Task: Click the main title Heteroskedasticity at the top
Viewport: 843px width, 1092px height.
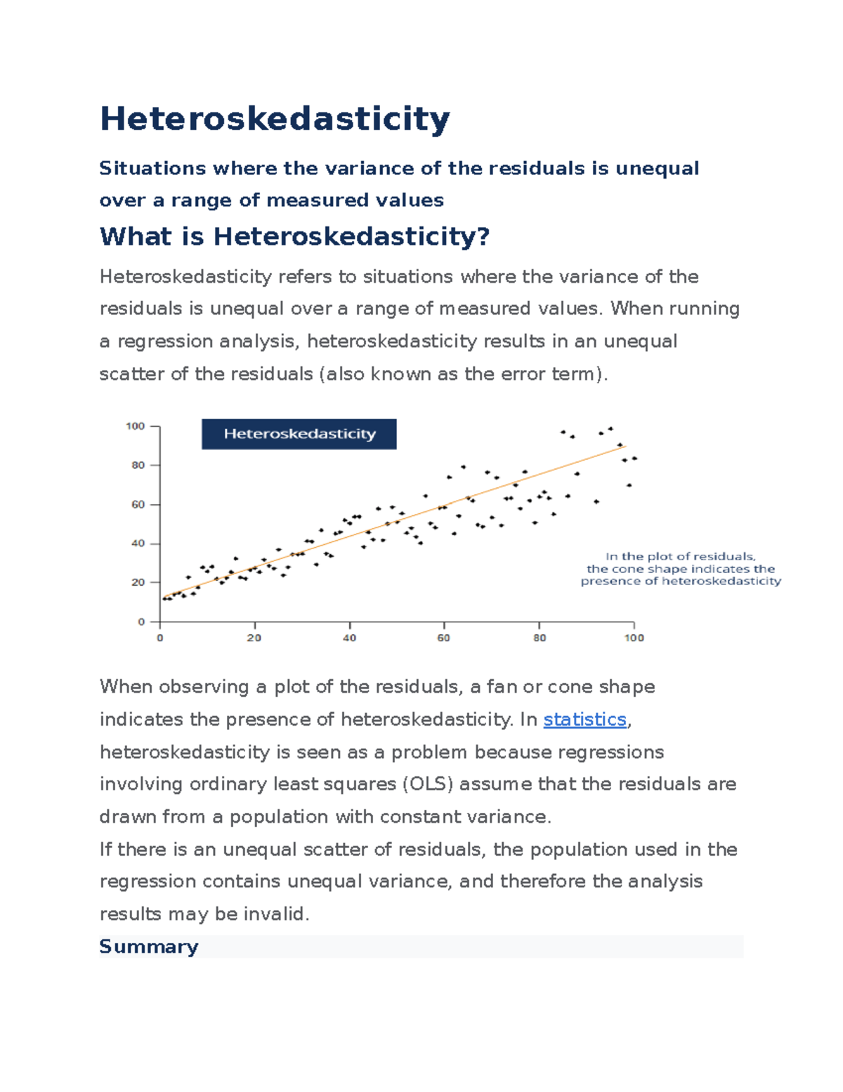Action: (275, 119)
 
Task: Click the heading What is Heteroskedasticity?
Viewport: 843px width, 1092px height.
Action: (294, 236)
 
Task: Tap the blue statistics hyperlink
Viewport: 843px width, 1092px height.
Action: (584, 719)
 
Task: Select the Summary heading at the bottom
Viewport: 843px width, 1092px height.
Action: (148, 946)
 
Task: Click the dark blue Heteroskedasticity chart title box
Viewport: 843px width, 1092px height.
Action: (299, 434)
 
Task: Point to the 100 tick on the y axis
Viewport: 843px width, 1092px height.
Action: (135, 426)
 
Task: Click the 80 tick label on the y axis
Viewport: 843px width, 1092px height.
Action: (138, 465)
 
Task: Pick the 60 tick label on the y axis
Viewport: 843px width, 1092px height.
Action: (138, 505)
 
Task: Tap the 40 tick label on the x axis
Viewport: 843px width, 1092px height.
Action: (349, 638)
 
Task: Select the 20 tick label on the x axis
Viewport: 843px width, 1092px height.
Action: (254, 638)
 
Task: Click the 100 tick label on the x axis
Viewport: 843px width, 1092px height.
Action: (634, 638)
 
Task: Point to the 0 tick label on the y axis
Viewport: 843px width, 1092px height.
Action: (141, 622)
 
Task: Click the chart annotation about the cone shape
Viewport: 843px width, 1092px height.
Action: (680, 569)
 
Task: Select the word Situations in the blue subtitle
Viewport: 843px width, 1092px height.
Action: (152, 169)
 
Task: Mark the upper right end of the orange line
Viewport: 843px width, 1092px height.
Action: (625, 446)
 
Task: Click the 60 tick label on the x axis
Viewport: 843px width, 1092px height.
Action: (444, 638)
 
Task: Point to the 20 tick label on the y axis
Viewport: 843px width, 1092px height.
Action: (138, 583)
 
